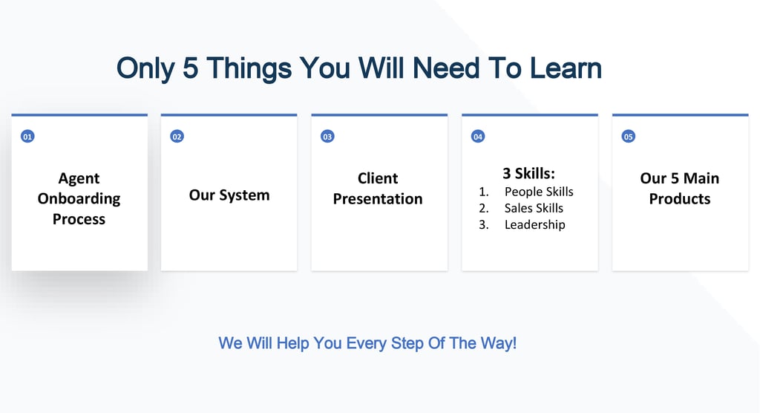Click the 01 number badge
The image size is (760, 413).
pyautogui.click(x=27, y=137)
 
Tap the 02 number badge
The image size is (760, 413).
pyautogui.click(x=177, y=137)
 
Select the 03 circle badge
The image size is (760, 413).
pyautogui.click(x=327, y=137)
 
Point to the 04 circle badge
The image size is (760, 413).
pyautogui.click(x=478, y=137)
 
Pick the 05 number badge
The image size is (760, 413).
pyautogui.click(x=628, y=137)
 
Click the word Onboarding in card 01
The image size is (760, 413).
pyautogui.click(x=79, y=199)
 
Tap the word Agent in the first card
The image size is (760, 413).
pyautogui.click(x=79, y=178)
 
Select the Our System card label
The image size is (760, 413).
pyautogui.click(x=229, y=195)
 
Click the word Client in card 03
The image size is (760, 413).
pyautogui.click(x=378, y=178)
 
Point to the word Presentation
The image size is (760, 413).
pyautogui.click(x=378, y=198)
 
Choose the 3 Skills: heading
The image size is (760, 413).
pyautogui.click(x=528, y=173)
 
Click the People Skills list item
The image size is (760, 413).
pyautogui.click(x=539, y=192)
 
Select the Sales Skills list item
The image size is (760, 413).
pyautogui.click(x=534, y=208)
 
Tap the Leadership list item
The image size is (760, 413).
pyautogui.click(x=534, y=225)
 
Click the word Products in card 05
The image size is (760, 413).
pyautogui.click(x=680, y=198)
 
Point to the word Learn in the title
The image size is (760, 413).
pyautogui.click(x=566, y=68)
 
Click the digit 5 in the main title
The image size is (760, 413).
pyautogui.click(x=191, y=68)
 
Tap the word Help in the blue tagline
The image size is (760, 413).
pyautogui.click(x=292, y=343)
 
